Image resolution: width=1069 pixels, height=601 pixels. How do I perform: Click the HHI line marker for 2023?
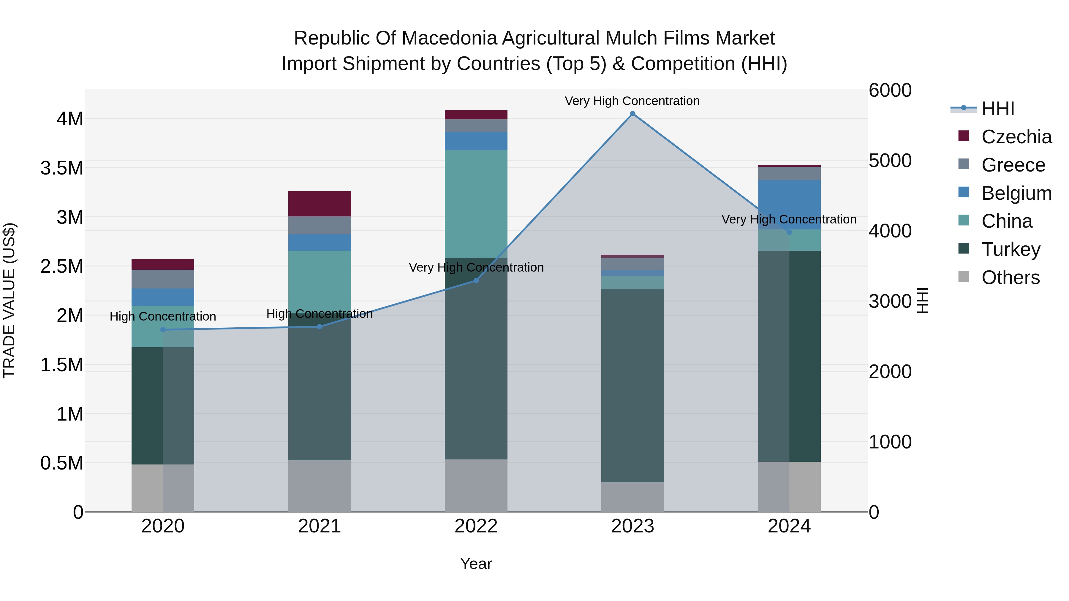(x=632, y=114)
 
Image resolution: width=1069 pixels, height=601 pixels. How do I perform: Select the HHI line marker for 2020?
(x=163, y=330)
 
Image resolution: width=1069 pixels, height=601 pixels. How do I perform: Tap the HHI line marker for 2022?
(x=476, y=281)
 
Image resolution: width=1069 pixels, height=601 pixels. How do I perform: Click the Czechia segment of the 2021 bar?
(x=320, y=204)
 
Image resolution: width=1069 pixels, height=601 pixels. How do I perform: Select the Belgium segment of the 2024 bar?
(x=789, y=204)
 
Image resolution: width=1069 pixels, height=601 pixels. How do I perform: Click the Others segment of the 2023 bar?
(x=632, y=497)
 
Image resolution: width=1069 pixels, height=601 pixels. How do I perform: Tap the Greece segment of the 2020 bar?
(x=163, y=279)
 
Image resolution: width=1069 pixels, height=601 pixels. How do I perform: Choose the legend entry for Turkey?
(x=1011, y=249)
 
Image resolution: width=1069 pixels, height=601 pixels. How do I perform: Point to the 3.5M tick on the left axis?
(x=61, y=168)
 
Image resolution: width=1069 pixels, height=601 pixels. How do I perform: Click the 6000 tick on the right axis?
(x=890, y=91)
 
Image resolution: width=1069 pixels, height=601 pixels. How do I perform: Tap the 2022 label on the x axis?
(x=476, y=526)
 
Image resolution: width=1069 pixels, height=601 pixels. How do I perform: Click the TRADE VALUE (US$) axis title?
(x=9, y=300)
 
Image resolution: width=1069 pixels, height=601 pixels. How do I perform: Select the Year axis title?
(x=476, y=564)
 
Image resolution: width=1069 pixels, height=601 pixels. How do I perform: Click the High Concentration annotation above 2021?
(x=320, y=314)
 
